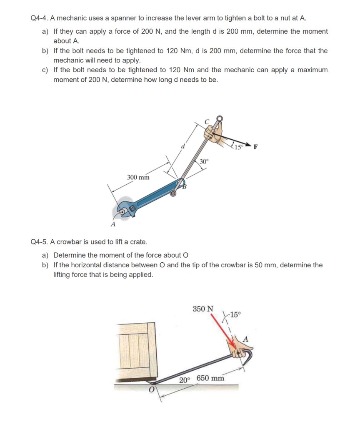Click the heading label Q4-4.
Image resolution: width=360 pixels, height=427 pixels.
click(x=40, y=18)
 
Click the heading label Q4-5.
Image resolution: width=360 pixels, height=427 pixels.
click(x=40, y=242)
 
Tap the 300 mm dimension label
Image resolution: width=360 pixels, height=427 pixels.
click(x=138, y=177)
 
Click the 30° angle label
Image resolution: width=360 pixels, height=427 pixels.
click(x=204, y=161)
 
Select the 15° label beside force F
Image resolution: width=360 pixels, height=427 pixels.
click(x=238, y=146)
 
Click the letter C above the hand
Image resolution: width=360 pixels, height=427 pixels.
click(x=206, y=121)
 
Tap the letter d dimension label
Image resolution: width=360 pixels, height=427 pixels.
click(x=182, y=147)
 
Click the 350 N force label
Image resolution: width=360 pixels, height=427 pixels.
click(x=203, y=309)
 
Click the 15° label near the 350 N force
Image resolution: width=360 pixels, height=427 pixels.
click(x=235, y=315)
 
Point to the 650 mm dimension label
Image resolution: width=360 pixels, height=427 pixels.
click(x=210, y=378)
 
